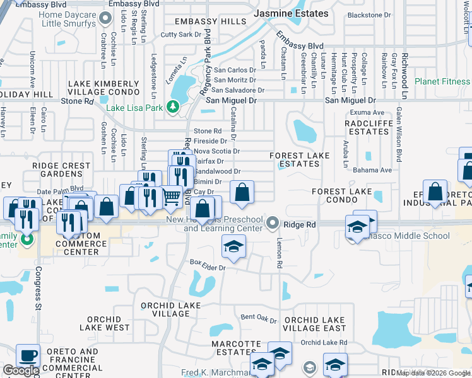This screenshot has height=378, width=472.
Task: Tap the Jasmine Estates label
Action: point(291,13)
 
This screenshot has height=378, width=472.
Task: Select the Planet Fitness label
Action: point(442,81)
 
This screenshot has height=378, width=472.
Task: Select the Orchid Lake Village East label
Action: point(314,324)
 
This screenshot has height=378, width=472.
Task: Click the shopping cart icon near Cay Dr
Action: point(172,197)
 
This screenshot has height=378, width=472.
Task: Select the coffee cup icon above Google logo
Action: point(27,355)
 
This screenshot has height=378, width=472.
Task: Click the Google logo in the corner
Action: point(20,370)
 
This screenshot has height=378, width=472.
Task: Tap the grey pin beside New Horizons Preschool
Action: point(273,222)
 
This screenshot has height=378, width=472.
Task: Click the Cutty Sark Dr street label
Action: point(181,35)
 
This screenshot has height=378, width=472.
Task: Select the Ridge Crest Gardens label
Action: point(61,169)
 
